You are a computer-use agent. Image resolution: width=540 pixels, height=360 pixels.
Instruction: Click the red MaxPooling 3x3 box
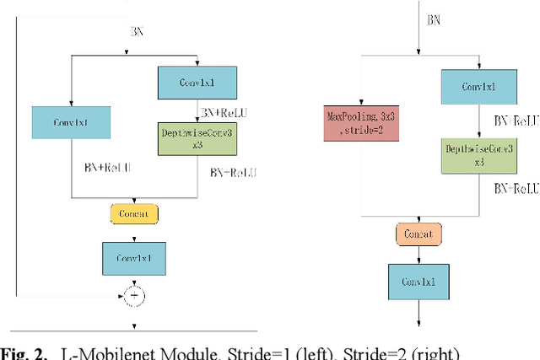pyautogui.click(x=360, y=123)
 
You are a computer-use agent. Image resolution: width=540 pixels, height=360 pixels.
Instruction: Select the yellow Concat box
pyautogui.click(x=134, y=213)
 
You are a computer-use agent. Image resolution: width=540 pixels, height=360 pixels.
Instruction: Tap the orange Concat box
pyautogui.click(x=419, y=233)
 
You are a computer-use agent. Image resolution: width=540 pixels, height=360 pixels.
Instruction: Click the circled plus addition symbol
pyautogui.click(x=133, y=295)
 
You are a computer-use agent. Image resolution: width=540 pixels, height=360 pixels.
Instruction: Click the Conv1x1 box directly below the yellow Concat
pyautogui.click(x=133, y=258)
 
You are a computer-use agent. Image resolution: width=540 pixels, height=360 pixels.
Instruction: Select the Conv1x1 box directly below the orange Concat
pyautogui.click(x=419, y=281)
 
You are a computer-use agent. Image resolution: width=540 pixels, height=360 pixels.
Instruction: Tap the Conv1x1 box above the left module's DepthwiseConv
pyautogui.click(x=197, y=83)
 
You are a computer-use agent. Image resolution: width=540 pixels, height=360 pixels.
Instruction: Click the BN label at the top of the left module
pyautogui.click(x=136, y=30)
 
